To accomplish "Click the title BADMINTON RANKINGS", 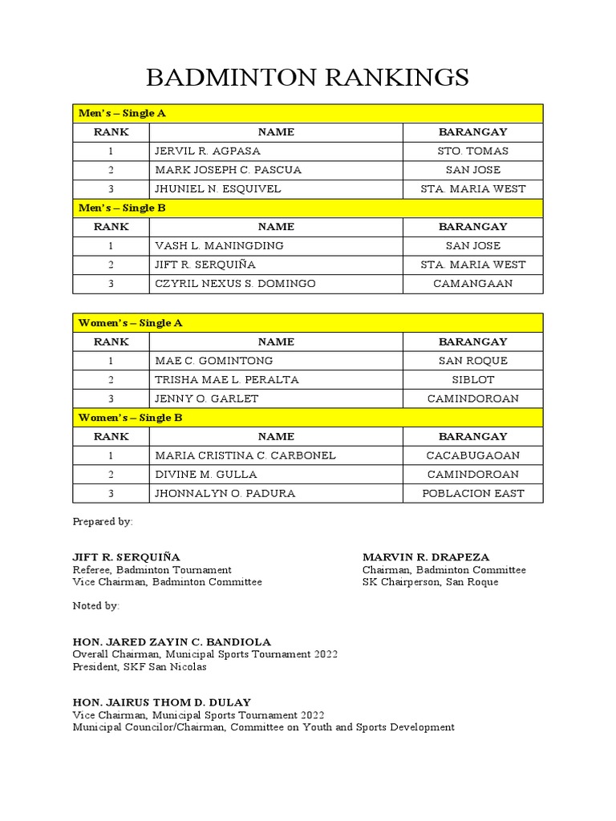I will coord(307,78).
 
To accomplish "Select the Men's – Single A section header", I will coord(122,113).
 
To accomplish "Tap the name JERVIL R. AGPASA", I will coord(208,151).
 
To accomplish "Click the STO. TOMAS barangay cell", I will coord(472,151).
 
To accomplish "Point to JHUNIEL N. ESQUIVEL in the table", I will coord(218,189).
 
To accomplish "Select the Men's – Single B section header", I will coord(122,208).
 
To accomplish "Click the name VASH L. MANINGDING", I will coord(219,245).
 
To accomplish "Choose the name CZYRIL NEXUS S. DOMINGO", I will coord(235,284).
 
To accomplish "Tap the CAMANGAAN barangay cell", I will coord(472,284).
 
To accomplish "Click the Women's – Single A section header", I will coord(131,323).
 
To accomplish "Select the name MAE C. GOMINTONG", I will coord(213,361).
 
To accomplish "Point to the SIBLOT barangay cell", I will coord(472,380).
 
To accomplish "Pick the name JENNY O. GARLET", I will coord(207,398).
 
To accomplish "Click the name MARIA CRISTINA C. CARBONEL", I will coord(245,455).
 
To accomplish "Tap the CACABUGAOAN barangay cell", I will coord(472,455).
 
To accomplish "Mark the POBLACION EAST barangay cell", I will coord(472,493).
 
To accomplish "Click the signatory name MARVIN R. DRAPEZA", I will coord(426,557).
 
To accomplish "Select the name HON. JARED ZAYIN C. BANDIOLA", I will coord(172,642).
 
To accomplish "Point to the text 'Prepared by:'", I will coord(103,521).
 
